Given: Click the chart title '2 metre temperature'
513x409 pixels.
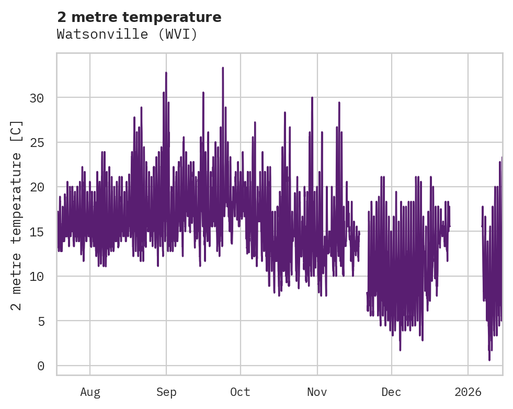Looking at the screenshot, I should click(x=139, y=17).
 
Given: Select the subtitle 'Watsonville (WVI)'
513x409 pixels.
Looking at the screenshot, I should click(x=127, y=35).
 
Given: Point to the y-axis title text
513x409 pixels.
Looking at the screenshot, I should click(x=17, y=215).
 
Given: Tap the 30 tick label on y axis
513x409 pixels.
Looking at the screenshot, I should click(x=37, y=98).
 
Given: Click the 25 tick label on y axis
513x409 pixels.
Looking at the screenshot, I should click(x=37, y=142).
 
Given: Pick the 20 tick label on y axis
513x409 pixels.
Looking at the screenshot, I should click(x=37, y=187).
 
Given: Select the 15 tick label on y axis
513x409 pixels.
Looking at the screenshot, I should click(x=37, y=232).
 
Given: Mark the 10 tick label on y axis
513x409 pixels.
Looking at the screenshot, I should click(x=37, y=276).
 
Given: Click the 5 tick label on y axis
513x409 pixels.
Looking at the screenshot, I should click(x=40, y=321).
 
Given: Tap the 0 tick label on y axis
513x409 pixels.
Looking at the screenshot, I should click(x=40, y=366).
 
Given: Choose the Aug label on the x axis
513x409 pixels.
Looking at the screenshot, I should click(x=90, y=392).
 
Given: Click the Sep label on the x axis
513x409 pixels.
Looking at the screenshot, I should click(x=166, y=392).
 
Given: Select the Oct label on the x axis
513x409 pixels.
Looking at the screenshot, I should click(x=241, y=392).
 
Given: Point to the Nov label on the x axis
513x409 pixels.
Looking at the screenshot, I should click(x=317, y=392).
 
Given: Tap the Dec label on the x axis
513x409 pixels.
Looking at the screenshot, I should click(x=391, y=392).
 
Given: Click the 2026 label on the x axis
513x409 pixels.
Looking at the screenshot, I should click(x=468, y=392).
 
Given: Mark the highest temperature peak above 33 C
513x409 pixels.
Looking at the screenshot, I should click(x=223, y=68).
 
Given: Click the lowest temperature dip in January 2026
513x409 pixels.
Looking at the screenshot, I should click(x=489, y=359).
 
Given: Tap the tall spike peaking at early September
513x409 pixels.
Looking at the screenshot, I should click(x=166, y=73).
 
